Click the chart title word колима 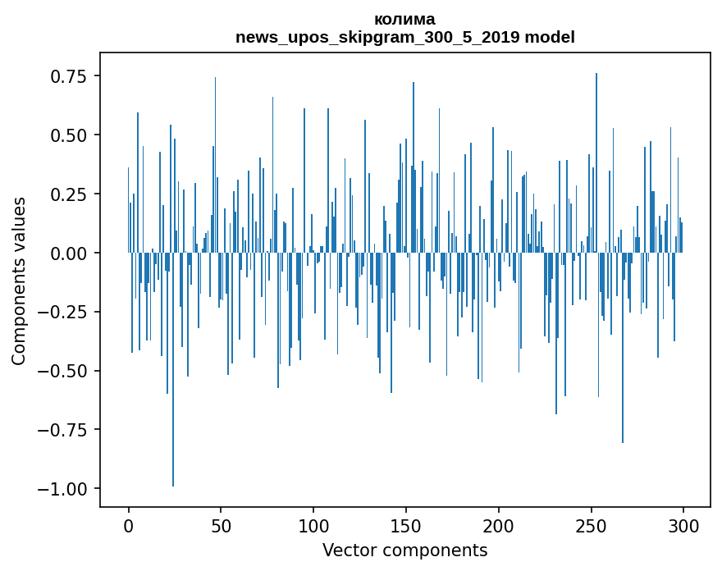(404, 19)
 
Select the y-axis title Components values (19, 281)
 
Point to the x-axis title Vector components (404, 550)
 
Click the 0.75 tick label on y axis (69, 76)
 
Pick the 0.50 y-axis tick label (69, 135)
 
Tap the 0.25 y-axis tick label (69, 194)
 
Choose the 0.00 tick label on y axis (69, 254)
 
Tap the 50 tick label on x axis (221, 527)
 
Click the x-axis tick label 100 (313, 527)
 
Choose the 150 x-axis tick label (405, 527)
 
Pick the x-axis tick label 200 (498, 527)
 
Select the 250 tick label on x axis (591, 527)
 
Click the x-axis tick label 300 (683, 527)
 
